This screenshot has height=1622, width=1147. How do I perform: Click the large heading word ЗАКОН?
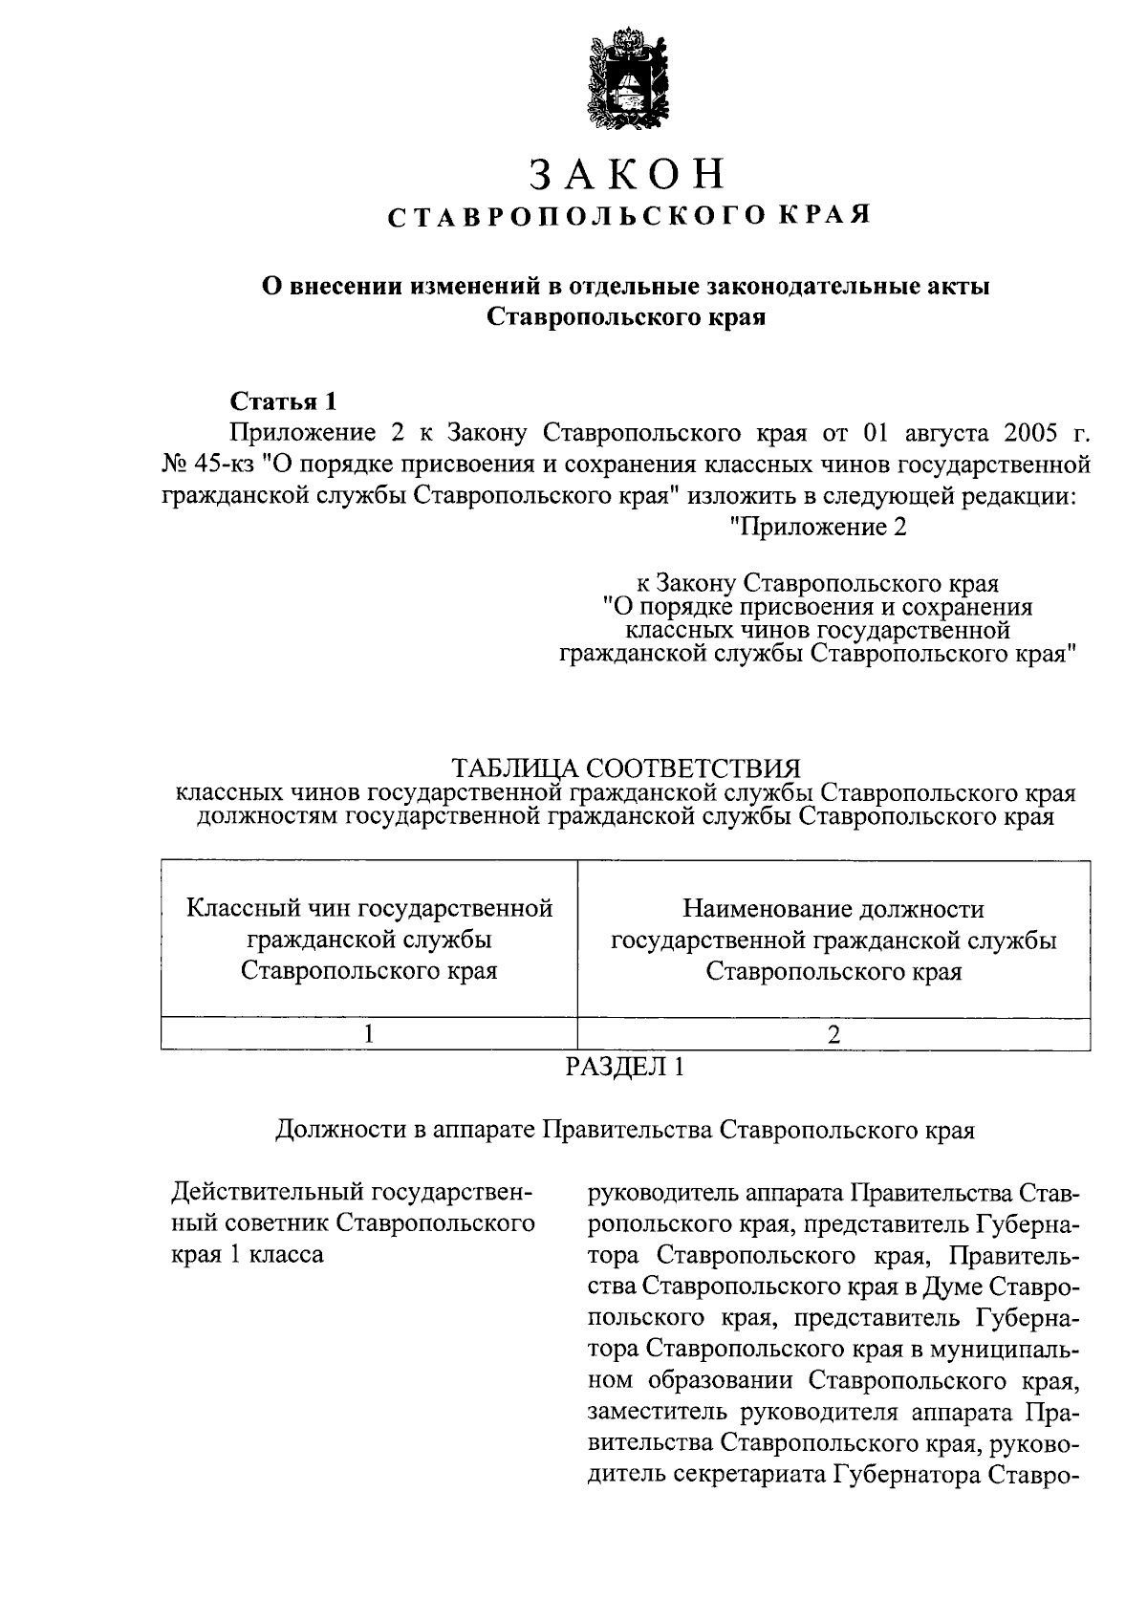[x=627, y=176]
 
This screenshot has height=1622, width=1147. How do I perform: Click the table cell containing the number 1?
[x=369, y=1034]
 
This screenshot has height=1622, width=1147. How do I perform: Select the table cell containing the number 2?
[x=833, y=1034]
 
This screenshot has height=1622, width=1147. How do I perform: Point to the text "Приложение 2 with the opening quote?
[x=816, y=527]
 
